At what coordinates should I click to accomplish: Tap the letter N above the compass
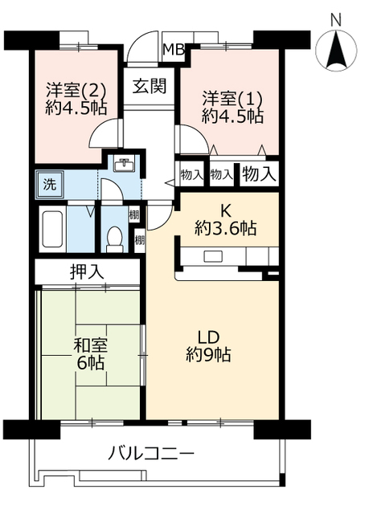tap(336, 18)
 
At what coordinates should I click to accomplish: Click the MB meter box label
tap(174, 49)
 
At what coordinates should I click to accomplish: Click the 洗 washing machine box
tap(48, 182)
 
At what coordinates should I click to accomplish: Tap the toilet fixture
tap(114, 238)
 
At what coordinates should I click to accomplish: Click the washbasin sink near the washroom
tap(124, 166)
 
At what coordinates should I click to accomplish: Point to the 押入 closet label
tap(88, 271)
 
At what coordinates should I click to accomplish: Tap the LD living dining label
tap(209, 336)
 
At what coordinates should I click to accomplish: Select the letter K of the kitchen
tap(226, 211)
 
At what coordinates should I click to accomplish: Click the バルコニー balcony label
tap(152, 454)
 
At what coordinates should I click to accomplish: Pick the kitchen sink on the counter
tap(213, 257)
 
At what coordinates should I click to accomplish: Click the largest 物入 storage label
tap(259, 172)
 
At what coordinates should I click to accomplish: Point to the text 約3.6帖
tap(226, 229)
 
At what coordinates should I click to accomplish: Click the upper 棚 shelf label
tap(133, 214)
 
